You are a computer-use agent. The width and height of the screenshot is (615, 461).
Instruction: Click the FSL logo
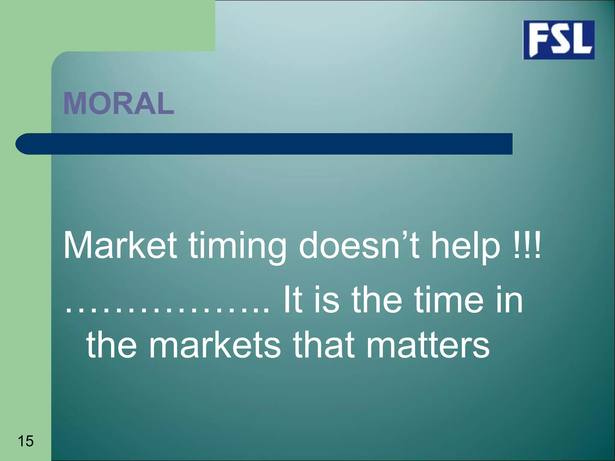559,40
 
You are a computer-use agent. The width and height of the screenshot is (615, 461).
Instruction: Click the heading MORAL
119,104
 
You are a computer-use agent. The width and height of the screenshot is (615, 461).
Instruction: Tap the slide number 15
26,441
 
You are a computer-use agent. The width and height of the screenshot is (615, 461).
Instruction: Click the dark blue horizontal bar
270,144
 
